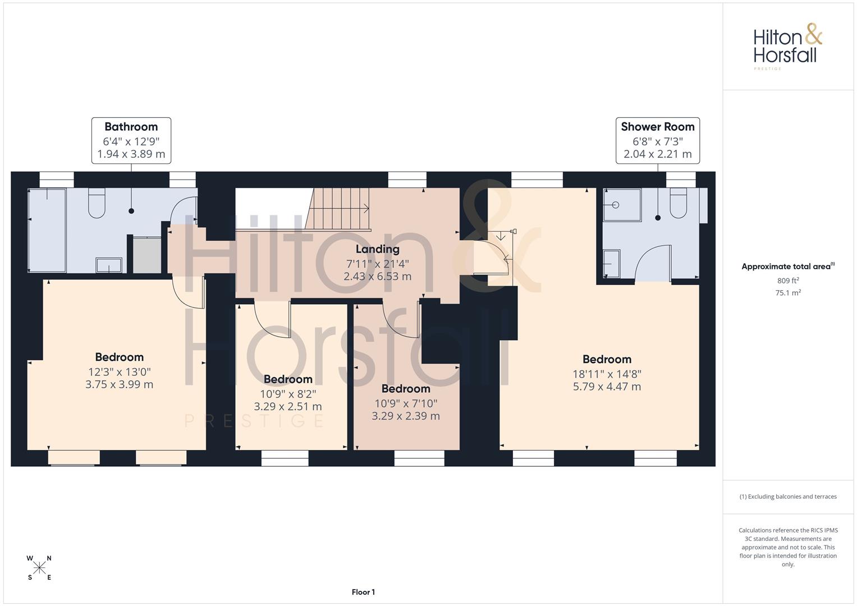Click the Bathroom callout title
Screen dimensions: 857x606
tap(131, 127)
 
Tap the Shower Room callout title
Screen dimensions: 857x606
tap(657, 127)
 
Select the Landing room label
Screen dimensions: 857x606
tap(377, 249)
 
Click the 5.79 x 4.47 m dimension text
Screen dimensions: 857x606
tap(606, 387)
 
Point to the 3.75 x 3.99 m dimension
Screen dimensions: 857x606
tap(119, 384)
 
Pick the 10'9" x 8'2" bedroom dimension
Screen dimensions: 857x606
tap(288, 394)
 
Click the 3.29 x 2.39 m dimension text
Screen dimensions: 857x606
tap(406, 416)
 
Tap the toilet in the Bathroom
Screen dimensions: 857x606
tap(97, 203)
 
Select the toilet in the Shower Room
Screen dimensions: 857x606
tap(678, 203)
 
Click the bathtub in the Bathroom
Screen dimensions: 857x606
tap(48, 230)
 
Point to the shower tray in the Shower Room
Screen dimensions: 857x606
tap(622, 204)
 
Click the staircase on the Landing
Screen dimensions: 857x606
tap(338, 209)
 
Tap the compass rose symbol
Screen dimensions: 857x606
tap(39, 568)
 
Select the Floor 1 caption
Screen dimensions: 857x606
tap(363, 592)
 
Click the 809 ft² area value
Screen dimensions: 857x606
tap(788, 281)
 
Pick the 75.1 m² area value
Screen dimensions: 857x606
tap(788, 293)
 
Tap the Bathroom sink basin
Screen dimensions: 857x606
tap(109, 265)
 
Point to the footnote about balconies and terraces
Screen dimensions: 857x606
tap(788, 497)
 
